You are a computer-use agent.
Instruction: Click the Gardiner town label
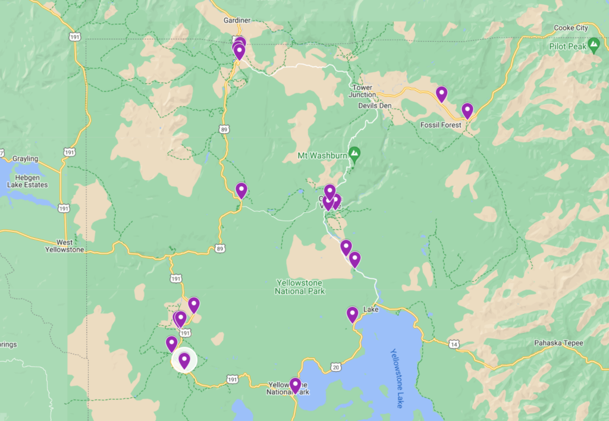[237, 20]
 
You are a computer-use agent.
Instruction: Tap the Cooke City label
[571, 28]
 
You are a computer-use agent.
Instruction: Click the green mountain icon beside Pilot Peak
[594, 45]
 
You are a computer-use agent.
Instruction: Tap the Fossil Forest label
[441, 125]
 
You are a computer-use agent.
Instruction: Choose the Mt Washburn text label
[322, 156]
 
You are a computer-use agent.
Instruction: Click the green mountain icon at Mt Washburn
[355, 155]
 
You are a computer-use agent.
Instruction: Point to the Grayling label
[25, 159]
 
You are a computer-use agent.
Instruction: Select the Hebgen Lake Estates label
[27, 181]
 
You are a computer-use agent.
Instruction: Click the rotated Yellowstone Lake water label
[397, 378]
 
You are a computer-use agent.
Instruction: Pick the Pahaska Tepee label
[559, 343]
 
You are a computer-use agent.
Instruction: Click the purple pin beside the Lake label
[353, 315]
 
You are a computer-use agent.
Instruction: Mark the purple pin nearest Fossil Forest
[467, 111]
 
